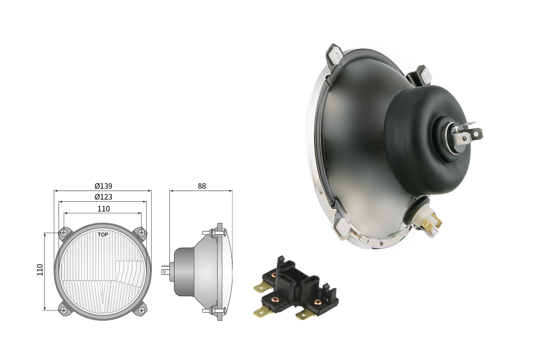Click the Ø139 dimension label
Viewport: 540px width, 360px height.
click(103, 186)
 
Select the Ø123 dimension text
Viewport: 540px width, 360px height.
click(103, 197)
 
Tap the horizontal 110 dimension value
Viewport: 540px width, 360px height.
click(103, 209)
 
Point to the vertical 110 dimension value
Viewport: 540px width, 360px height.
click(40, 270)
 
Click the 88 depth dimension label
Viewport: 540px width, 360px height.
click(202, 186)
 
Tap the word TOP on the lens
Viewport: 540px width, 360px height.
click(103, 235)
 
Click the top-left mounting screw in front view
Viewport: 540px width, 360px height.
click(63, 233)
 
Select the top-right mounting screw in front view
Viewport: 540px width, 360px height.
click(141, 233)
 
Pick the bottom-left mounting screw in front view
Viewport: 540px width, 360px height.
click(63, 311)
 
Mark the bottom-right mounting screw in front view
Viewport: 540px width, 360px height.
click(141, 311)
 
